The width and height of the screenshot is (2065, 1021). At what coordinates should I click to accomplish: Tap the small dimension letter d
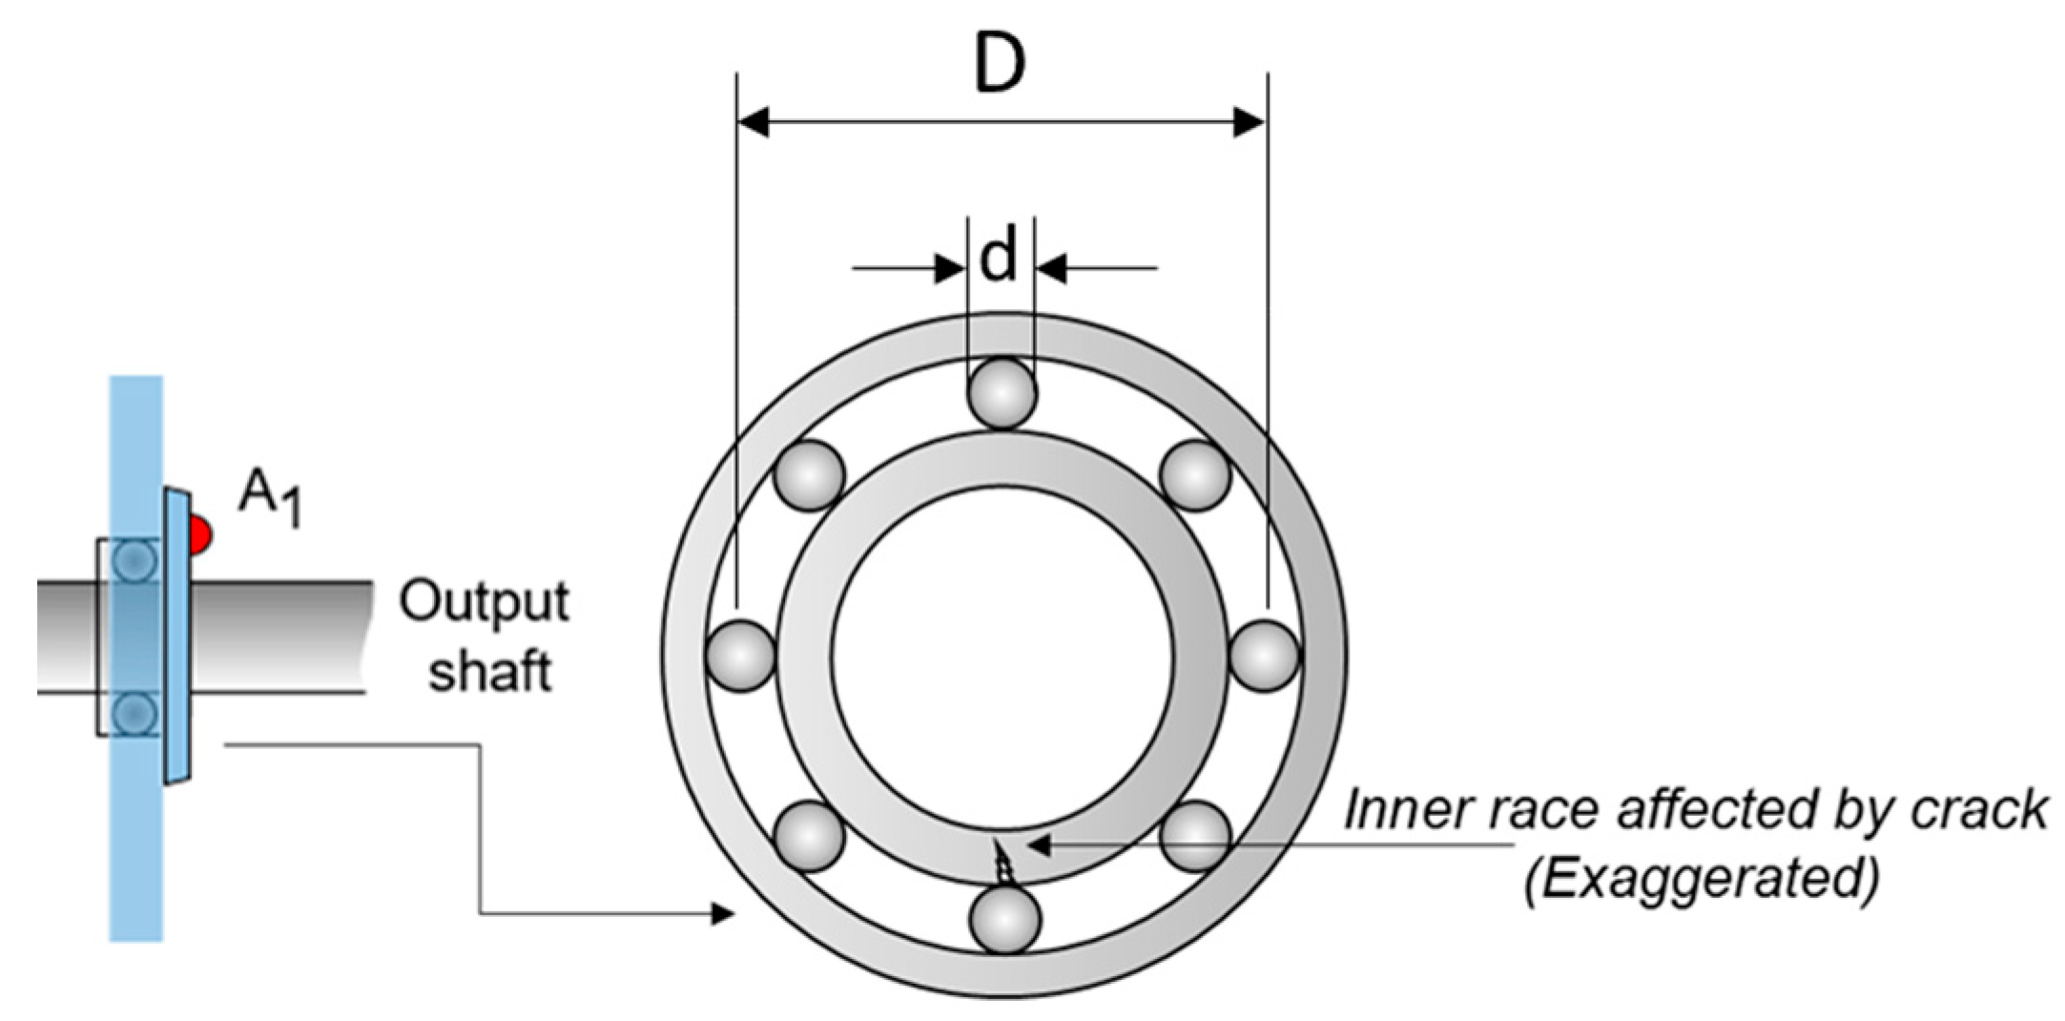(x=999, y=258)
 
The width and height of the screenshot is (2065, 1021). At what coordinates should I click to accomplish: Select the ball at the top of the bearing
(x=1002, y=392)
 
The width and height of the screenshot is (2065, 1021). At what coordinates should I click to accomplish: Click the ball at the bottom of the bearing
(x=1004, y=918)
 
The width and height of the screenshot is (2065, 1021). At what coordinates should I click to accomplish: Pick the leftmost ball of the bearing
(x=740, y=655)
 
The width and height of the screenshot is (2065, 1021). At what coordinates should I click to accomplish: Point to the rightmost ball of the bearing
(x=1264, y=655)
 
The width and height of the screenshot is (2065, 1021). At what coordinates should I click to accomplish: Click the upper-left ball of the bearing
(x=809, y=474)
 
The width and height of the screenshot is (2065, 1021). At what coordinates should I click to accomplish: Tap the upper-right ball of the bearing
(x=1195, y=474)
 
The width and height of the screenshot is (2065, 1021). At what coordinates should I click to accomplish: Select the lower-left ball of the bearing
(x=809, y=836)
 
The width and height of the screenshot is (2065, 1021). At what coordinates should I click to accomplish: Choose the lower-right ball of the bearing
(x=1197, y=836)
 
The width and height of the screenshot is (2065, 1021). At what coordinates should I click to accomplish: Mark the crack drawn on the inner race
(x=1002, y=864)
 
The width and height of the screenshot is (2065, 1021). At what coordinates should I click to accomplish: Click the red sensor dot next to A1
(x=200, y=535)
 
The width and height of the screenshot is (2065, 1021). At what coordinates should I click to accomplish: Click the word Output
(x=484, y=603)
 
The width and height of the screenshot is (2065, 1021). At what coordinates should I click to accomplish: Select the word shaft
(x=489, y=672)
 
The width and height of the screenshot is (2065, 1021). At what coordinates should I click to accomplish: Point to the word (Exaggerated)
(x=1701, y=879)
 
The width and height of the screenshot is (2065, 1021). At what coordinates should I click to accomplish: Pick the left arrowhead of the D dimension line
(x=754, y=122)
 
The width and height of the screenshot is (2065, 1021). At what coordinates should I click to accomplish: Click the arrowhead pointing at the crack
(x=1038, y=844)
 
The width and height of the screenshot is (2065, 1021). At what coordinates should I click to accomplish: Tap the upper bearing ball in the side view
(x=134, y=561)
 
